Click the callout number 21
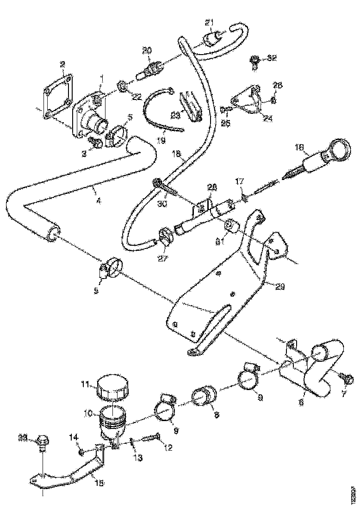click(x=210, y=23)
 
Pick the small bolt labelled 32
click(x=254, y=60)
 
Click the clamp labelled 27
click(x=165, y=236)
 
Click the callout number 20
click(x=147, y=50)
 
